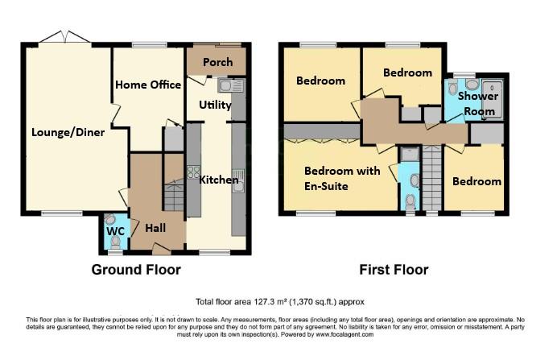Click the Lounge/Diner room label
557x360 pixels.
point(68,133)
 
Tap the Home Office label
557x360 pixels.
point(149,85)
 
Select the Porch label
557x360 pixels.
point(217,62)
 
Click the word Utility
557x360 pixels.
point(215,105)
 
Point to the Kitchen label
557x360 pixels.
point(219,180)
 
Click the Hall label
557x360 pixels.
point(155,228)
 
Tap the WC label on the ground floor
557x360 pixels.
point(115,231)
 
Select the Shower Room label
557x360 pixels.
point(478,104)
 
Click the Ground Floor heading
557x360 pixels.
point(135,270)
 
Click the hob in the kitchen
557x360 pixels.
point(193,172)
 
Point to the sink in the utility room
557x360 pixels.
point(225,85)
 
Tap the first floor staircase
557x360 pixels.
point(432,181)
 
